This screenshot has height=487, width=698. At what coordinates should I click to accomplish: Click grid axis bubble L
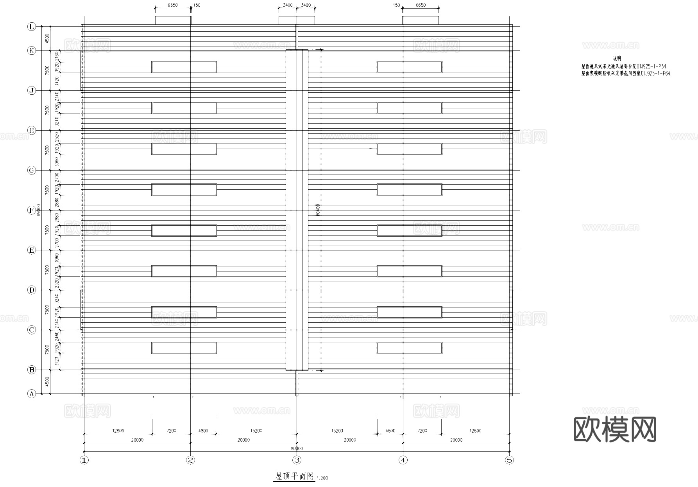point(32,27)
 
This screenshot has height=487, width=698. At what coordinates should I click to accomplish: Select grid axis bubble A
point(32,394)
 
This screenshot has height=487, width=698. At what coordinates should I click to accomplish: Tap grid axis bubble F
point(32,210)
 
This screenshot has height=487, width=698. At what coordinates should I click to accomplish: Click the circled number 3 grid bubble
point(297,460)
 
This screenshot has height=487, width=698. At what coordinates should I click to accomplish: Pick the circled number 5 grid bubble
point(509,460)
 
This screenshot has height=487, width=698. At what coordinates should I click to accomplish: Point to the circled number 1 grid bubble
point(84,460)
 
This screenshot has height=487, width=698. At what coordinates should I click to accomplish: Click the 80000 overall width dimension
point(297,448)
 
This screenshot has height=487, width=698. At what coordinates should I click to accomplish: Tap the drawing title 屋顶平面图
point(295,476)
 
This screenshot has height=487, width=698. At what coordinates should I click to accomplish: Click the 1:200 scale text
point(322,478)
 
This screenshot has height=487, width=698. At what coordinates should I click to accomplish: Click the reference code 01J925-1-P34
point(651,66)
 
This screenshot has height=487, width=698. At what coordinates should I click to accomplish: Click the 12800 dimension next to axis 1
point(118,431)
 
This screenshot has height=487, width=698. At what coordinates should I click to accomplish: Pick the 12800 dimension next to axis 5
point(475,431)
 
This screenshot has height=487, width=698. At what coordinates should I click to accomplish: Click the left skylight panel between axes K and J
point(184,67)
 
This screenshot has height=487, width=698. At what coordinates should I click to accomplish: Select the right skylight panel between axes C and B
point(410,348)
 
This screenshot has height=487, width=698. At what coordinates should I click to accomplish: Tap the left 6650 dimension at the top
point(173,5)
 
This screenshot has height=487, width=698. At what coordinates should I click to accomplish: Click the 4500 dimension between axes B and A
point(47,382)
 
